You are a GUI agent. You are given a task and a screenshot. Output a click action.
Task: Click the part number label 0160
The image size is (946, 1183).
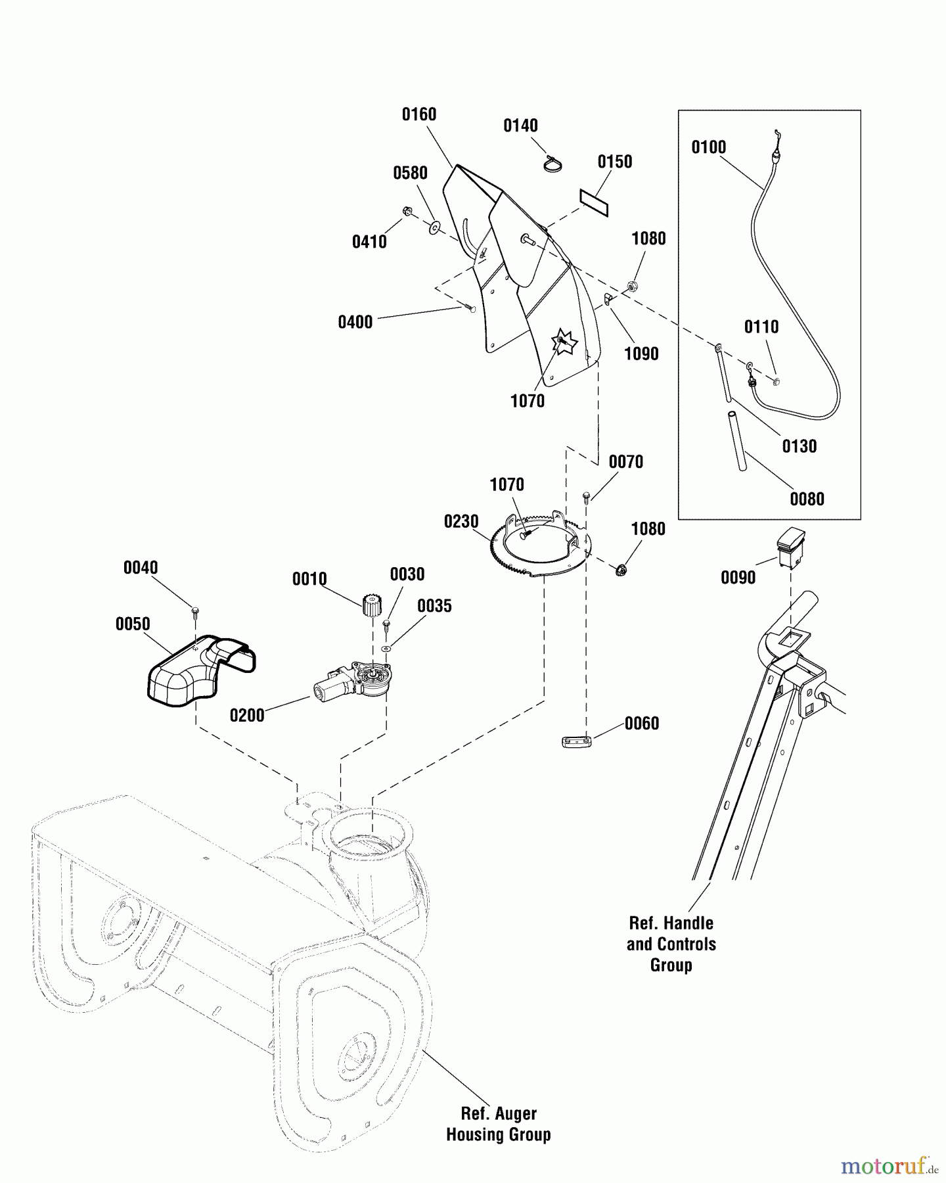click(419, 114)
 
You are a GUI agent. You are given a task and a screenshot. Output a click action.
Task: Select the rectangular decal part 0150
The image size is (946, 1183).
click(594, 202)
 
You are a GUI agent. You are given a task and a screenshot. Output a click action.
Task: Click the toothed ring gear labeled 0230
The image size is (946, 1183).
click(539, 545)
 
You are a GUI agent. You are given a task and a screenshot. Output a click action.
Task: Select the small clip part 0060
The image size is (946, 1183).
click(577, 741)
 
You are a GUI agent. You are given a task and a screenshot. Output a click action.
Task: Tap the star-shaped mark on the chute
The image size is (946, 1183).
click(564, 342)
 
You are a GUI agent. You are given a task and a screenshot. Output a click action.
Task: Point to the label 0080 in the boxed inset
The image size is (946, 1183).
click(807, 499)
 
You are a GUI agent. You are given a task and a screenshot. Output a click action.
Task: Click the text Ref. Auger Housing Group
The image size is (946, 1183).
click(499, 1124)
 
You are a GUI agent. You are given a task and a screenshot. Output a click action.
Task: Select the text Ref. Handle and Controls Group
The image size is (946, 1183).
click(671, 944)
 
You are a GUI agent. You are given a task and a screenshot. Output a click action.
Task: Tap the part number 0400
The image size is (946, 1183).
click(355, 322)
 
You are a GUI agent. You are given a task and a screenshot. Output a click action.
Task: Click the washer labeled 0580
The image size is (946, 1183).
click(434, 228)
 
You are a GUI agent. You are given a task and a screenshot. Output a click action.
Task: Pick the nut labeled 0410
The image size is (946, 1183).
click(407, 212)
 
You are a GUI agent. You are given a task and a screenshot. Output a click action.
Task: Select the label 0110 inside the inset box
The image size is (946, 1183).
click(761, 327)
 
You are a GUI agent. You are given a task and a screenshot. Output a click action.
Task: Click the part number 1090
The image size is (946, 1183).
click(641, 354)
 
